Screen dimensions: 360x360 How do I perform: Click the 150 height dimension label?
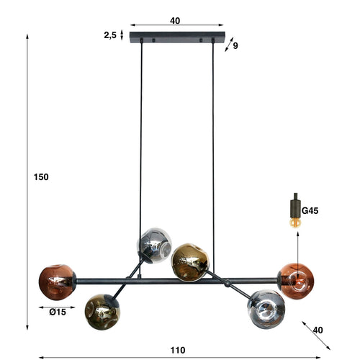(x=41, y=177)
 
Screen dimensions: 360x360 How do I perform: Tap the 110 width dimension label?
(x=178, y=350)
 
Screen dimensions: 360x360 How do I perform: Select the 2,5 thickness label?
(x=109, y=34)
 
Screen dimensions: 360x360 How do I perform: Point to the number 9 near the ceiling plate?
(x=235, y=46)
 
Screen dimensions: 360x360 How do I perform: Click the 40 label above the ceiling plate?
(x=175, y=21)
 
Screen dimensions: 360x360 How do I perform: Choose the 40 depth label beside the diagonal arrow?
(x=318, y=330)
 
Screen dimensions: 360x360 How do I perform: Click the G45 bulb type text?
(x=310, y=211)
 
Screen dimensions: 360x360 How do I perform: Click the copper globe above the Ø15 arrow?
(x=58, y=282)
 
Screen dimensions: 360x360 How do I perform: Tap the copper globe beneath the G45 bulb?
(x=295, y=280)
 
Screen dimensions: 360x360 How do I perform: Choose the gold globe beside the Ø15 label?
(x=102, y=310)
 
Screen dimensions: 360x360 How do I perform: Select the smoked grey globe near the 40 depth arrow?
(x=266, y=308)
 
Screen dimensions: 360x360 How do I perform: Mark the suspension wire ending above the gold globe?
(x=214, y=144)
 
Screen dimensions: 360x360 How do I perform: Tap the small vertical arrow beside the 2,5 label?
(x=122, y=34)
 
